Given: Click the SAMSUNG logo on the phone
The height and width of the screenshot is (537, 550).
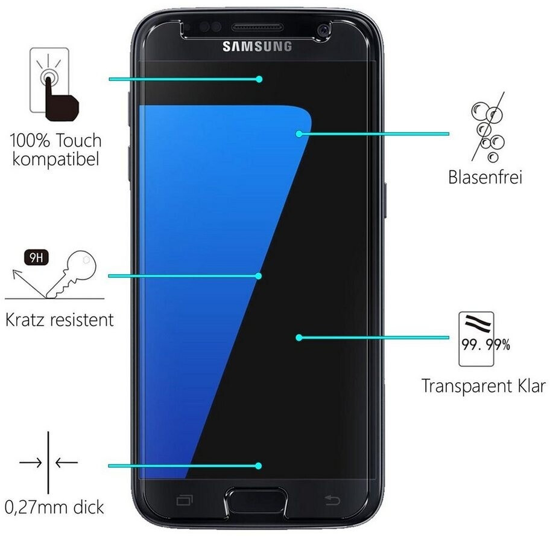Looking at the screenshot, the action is tap(257, 47).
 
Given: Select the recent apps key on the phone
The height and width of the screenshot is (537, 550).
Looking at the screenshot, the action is tap(183, 500).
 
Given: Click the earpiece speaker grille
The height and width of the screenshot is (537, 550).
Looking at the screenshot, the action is tap(258, 28).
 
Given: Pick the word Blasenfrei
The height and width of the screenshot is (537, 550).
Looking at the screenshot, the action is tap(485, 178).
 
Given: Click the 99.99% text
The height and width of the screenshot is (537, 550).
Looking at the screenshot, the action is tap(485, 346).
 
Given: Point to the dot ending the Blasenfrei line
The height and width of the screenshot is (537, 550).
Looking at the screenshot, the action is tap(299, 133).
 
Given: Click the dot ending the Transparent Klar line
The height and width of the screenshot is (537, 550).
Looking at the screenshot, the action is tap(299, 338).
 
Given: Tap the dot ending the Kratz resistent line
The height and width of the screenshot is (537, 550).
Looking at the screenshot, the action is tap(259, 276).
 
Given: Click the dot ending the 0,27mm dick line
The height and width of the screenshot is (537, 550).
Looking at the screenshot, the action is tap(259, 466).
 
